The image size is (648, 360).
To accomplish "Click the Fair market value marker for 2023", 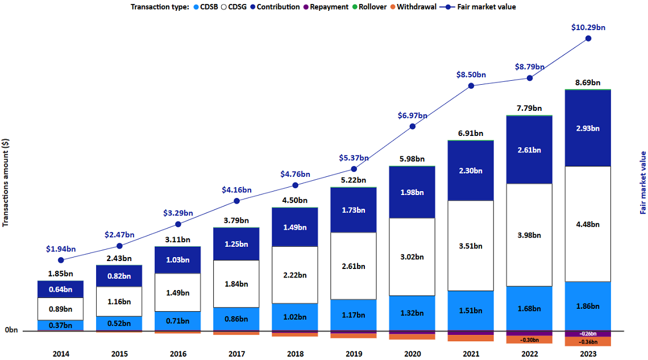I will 588,39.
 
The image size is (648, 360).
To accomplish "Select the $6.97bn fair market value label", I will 413,115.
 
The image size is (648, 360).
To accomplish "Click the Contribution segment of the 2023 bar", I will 588,128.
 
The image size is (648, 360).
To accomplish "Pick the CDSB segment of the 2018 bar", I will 295,317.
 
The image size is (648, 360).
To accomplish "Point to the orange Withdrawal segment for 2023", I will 588,342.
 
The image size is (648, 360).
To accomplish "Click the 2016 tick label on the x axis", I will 178,354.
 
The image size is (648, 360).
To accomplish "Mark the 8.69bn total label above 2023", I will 588,82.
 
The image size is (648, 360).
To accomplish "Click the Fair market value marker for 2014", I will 61,260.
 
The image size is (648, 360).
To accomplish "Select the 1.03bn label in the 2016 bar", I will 178,259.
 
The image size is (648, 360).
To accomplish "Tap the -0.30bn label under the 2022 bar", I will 529,340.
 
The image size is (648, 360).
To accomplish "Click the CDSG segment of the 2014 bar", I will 61,309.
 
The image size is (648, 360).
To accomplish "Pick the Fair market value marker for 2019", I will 354,169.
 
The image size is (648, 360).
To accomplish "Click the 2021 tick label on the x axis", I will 471,354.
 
